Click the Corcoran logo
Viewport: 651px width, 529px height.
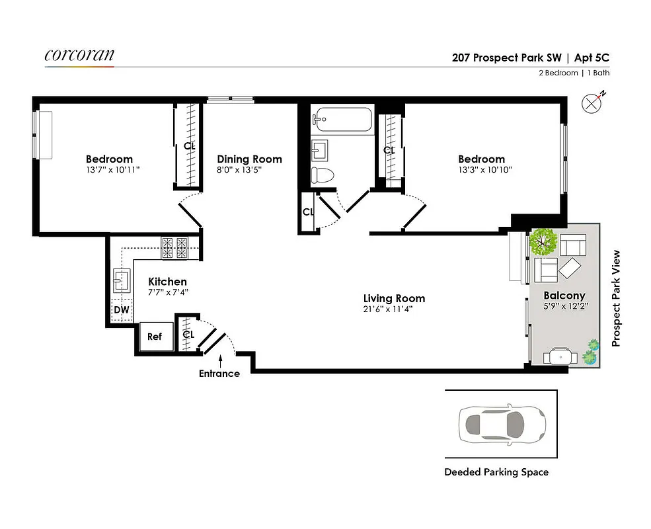click(79, 56)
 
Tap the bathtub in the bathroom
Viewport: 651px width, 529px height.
click(342, 120)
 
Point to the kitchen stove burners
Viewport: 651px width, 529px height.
click(176, 248)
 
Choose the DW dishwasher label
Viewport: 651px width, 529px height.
click(121, 309)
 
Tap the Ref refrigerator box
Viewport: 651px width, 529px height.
click(155, 337)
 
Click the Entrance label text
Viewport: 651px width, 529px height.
click(219, 374)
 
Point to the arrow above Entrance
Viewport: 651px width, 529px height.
click(219, 360)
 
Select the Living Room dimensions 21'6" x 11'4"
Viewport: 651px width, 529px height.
click(394, 309)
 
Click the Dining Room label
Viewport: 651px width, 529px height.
click(249, 159)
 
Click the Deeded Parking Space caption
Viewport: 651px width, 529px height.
click(496, 472)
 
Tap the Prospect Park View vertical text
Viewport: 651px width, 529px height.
click(616, 298)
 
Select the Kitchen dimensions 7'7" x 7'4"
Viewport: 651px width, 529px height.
click(168, 292)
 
